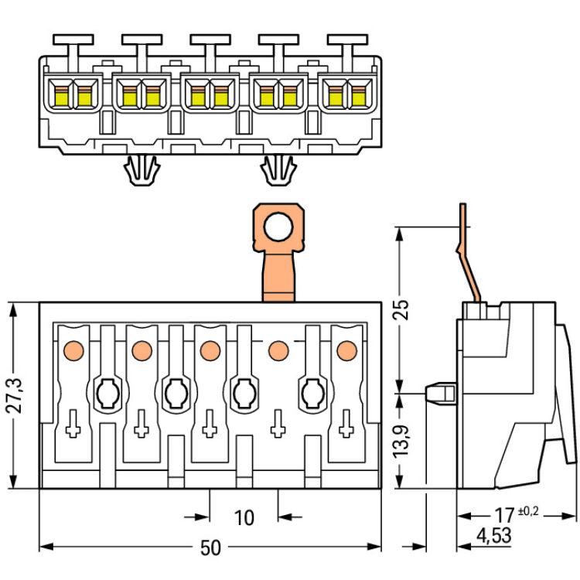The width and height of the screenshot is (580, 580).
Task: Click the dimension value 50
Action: (x=210, y=548)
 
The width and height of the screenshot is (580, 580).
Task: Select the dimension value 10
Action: (x=244, y=517)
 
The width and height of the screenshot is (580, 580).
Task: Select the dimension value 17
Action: (x=506, y=513)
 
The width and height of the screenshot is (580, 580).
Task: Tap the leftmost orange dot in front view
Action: (x=73, y=350)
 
